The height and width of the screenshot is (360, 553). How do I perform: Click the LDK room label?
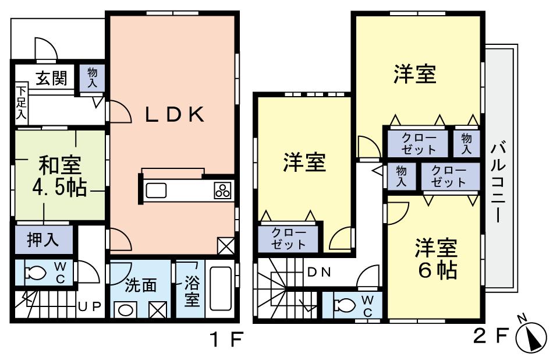click(x=175, y=115)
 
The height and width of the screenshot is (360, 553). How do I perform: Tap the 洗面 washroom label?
click(x=141, y=285)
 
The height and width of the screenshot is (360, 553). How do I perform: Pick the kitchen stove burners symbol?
click(x=223, y=190)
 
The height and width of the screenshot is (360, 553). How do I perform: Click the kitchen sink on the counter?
click(x=156, y=190)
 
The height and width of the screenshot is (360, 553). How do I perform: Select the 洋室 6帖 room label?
click(x=435, y=259)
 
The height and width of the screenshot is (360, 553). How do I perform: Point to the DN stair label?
click(x=319, y=272)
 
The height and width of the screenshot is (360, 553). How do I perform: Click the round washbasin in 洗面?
click(x=125, y=309)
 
